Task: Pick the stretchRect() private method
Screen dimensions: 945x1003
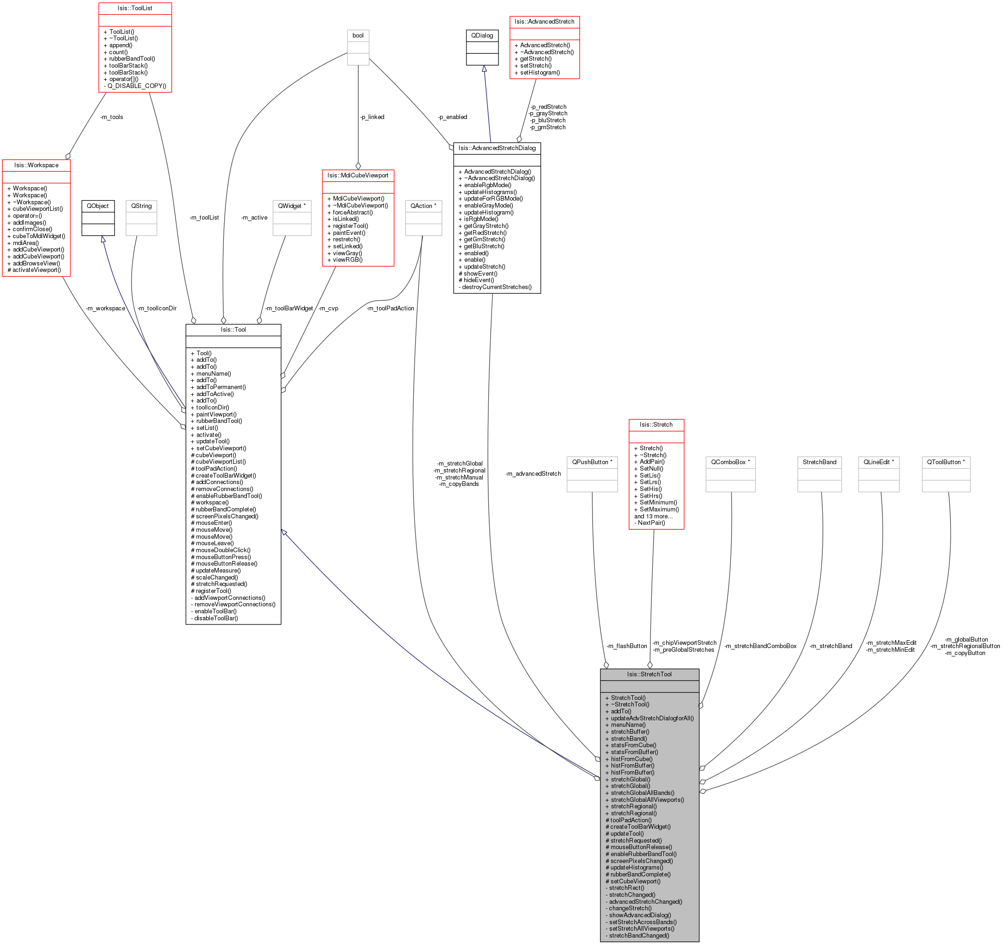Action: coord(626,888)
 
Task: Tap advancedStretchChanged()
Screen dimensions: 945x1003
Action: coord(645,901)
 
